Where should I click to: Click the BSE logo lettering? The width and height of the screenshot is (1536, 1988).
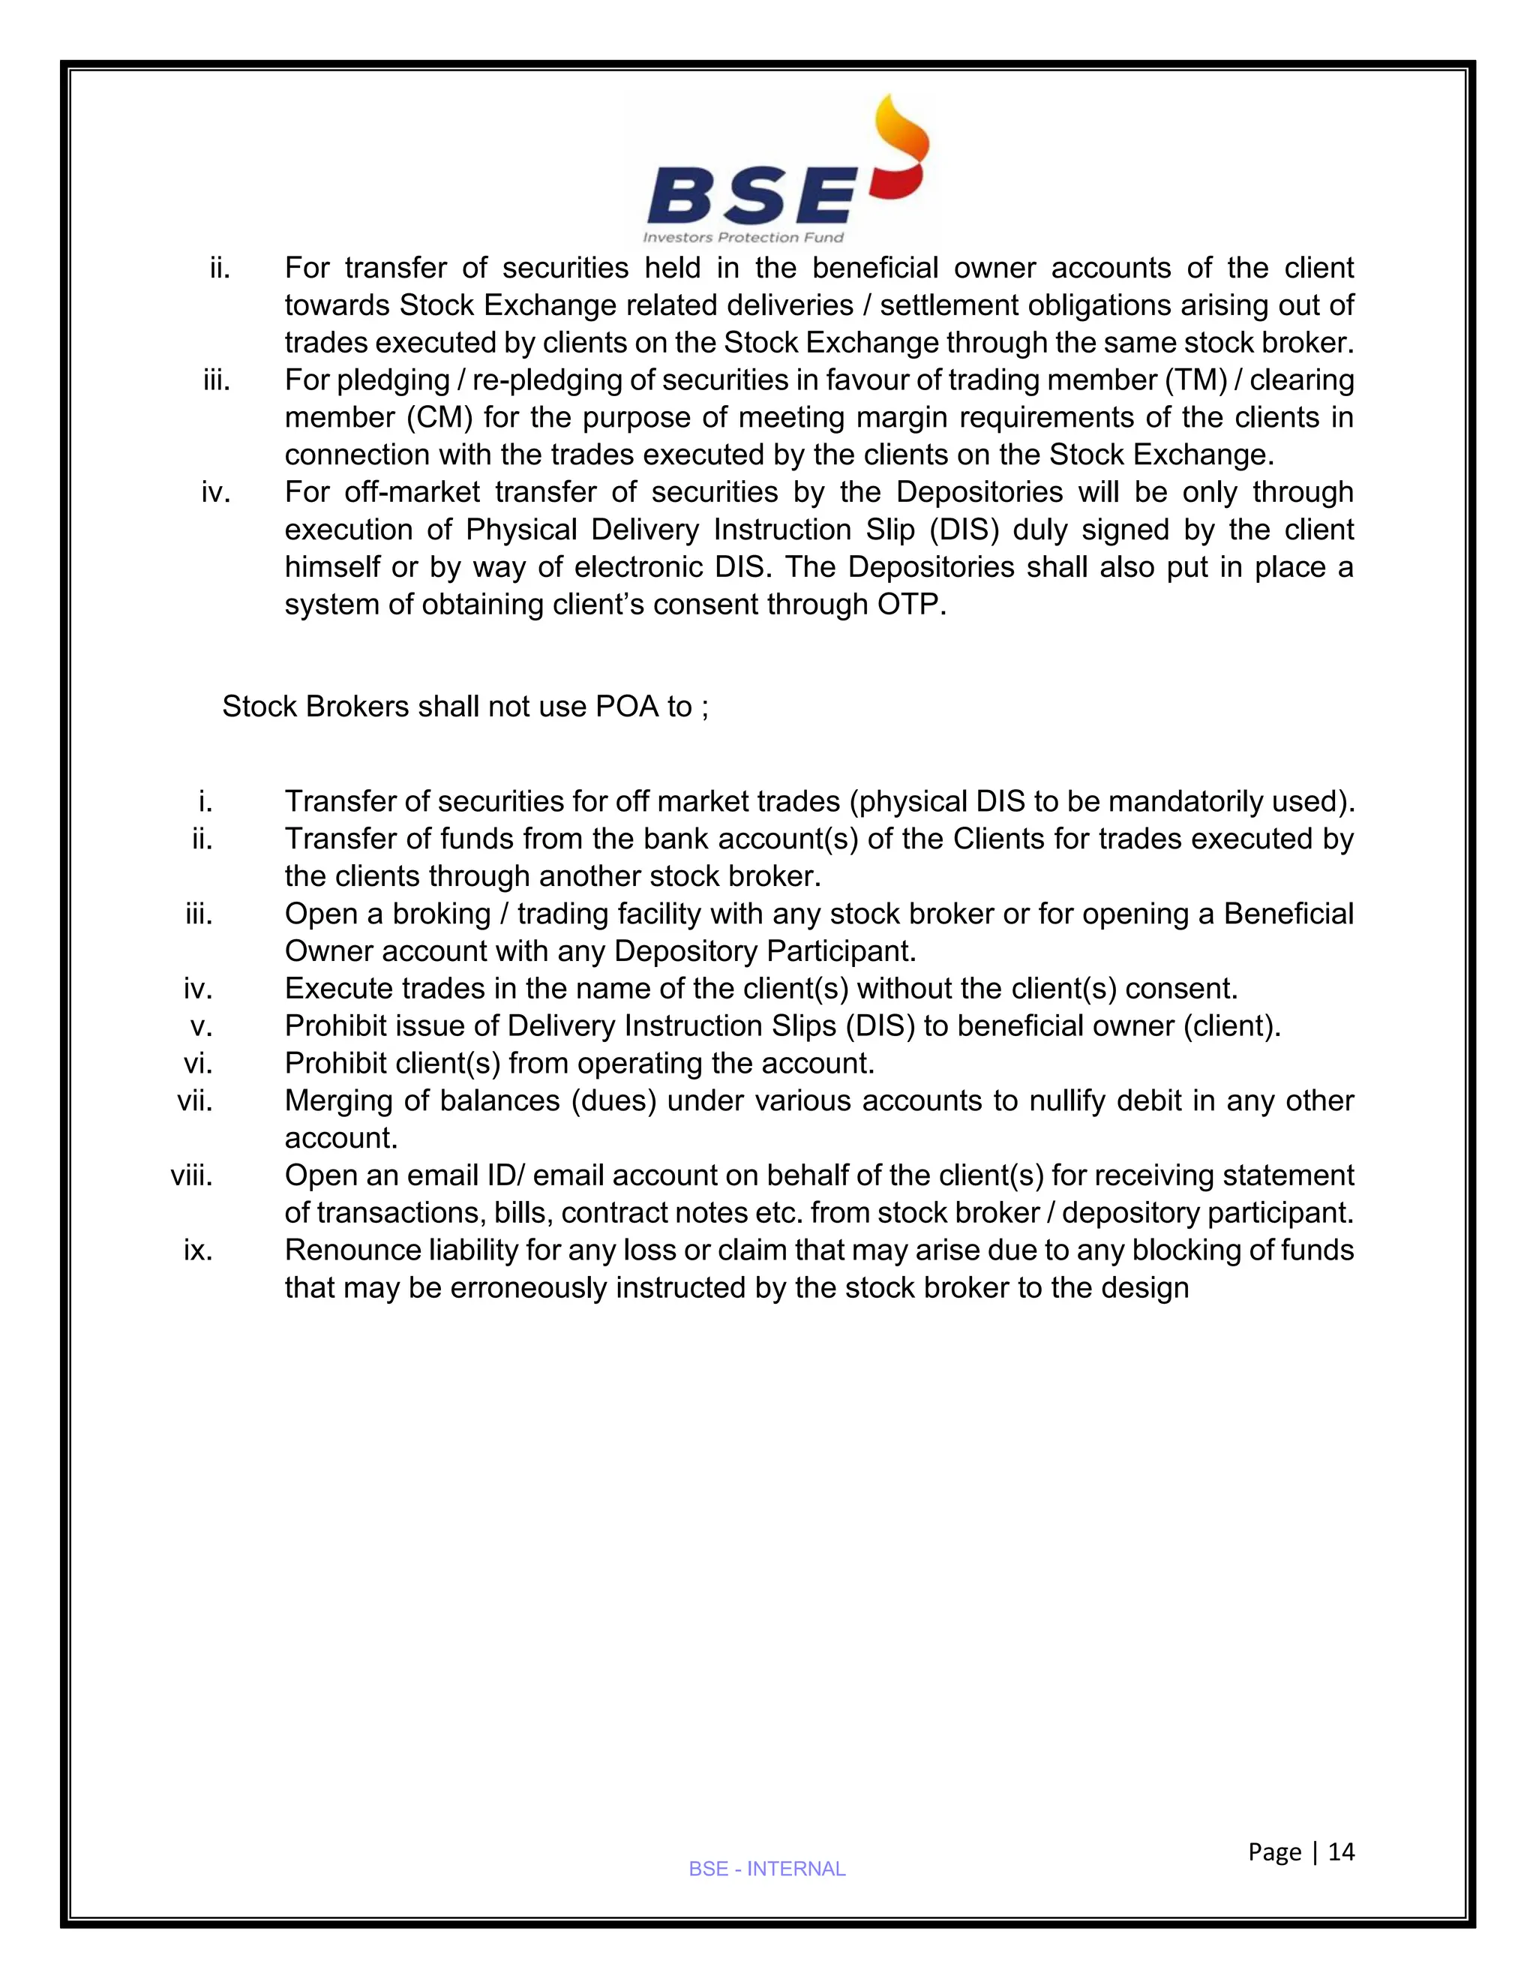pos(751,197)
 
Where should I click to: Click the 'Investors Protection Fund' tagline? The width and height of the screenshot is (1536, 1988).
pos(743,238)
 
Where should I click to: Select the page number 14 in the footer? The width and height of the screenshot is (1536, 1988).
pos(1341,1851)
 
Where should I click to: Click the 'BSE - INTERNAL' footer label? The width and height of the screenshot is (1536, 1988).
pos(767,1869)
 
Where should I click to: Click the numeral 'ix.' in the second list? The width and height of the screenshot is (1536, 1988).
pos(197,1251)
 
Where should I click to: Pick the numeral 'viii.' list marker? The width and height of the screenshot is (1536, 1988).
pos(191,1176)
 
